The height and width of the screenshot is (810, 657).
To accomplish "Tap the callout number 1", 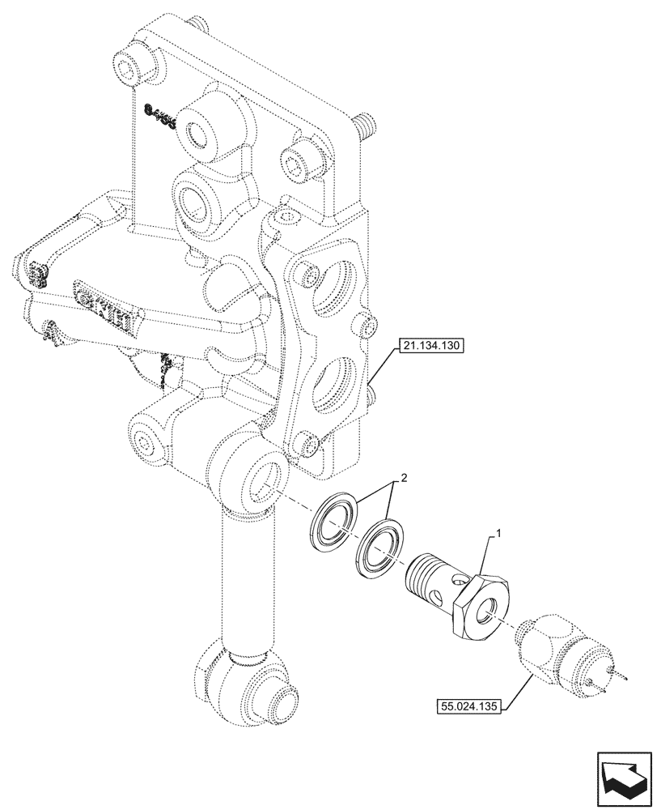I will tap(499, 535).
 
